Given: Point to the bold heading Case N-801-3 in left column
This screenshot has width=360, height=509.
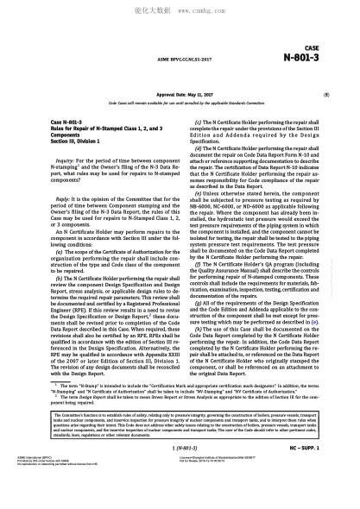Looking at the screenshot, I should click(x=68, y=123).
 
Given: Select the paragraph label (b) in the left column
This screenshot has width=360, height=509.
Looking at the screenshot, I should click(x=60, y=278).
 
